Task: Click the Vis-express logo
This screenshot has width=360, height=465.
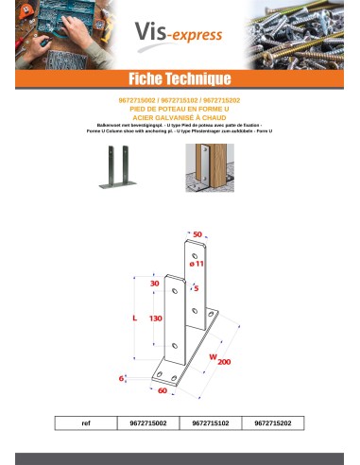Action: point(180,36)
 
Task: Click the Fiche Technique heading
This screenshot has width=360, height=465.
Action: point(180,77)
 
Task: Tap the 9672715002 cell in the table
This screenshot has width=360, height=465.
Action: point(148,423)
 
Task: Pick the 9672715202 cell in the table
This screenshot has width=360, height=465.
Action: point(273,423)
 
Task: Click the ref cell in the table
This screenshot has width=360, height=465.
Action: point(85,423)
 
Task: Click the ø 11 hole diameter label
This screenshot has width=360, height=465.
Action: point(197,266)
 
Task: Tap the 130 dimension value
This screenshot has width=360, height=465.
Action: point(159,319)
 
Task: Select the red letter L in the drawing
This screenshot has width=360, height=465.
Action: point(134,319)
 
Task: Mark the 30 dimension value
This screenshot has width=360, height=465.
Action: point(154,283)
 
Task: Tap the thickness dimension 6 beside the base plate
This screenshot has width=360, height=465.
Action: point(122,377)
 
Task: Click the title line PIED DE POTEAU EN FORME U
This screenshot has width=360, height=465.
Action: point(180,109)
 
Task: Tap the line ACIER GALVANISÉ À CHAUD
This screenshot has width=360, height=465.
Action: point(180,116)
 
